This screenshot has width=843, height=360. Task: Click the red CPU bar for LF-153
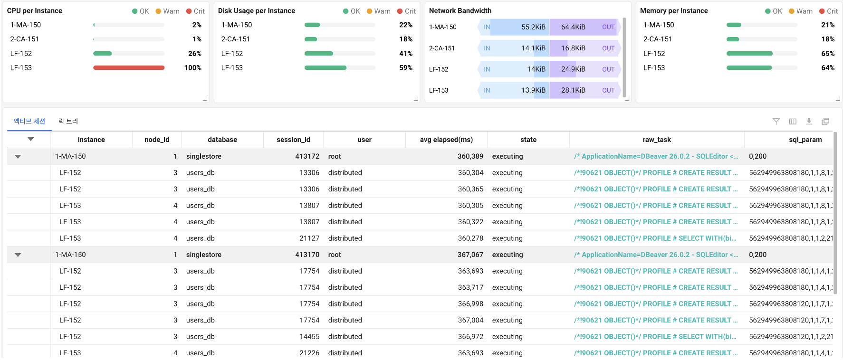click(129, 68)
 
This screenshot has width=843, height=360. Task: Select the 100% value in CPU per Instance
click(193, 68)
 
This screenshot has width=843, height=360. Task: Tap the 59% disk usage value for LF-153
click(406, 68)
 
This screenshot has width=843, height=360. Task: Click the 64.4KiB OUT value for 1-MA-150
click(573, 27)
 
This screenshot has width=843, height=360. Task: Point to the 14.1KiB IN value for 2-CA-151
click(533, 48)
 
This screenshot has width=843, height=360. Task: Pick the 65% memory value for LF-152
click(828, 54)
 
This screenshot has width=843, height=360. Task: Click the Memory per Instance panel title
click(674, 10)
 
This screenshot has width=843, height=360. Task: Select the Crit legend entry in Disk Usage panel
click(407, 11)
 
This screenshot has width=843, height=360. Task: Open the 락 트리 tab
click(68, 121)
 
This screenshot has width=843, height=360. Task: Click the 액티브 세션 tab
click(29, 121)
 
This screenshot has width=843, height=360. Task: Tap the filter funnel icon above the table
click(776, 121)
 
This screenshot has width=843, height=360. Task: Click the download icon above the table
click(809, 121)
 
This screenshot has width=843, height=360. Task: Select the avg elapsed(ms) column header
click(446, 140)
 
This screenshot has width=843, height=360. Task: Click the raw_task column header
click(657, 140)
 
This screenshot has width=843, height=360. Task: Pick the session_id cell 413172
click(307, 156)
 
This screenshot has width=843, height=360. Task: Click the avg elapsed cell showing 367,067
click(470, 255)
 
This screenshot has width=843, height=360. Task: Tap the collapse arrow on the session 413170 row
click(18, 255)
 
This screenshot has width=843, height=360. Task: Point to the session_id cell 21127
click(309, 238)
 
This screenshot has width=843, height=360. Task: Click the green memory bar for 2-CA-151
click(733, 39)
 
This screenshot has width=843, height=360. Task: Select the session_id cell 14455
click(309, 337)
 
